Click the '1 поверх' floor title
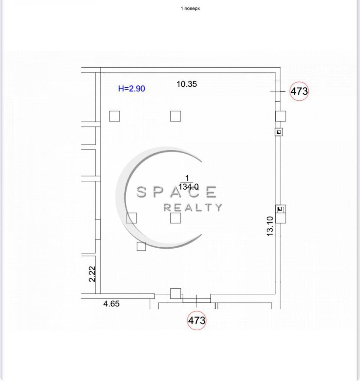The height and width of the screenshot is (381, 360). tap(190, 9)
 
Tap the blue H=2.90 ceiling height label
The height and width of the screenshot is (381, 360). tap(132, 89)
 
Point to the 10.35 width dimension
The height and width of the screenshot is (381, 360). tap(187, 84)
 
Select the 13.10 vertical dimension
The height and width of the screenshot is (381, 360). tap(270, 226)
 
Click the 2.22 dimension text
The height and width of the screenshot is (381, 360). tap(92, 274)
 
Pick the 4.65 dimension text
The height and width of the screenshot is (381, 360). tap(111, 304)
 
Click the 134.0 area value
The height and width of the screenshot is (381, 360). tap(188, 187)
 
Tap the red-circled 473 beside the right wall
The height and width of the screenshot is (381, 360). tap(299, 91)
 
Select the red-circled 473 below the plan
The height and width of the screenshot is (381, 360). tap(197, 320)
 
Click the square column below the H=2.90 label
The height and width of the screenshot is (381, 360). tap(115, 116)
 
